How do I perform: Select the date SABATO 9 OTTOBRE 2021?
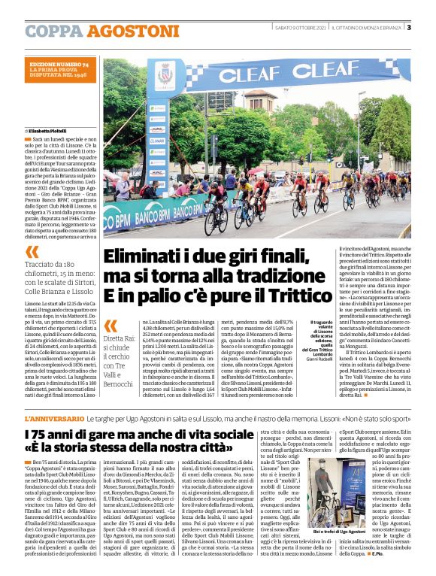point(300,29)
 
